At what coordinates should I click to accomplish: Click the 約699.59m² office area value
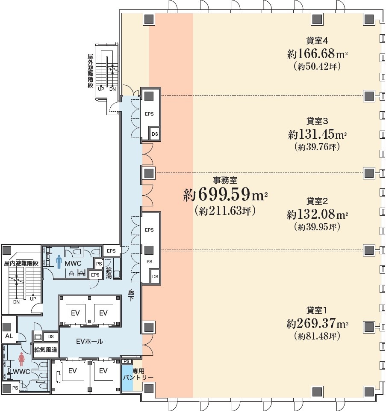point(225,195)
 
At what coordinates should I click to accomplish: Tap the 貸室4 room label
point(317,41)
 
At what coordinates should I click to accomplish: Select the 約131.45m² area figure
point(317,134)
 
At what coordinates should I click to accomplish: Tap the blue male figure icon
point(59,262)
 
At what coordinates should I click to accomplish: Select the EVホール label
point(89,341)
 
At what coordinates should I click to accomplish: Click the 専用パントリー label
point(138,374)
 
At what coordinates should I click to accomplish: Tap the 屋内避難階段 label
point(21,263)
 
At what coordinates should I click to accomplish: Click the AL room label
point(9,336)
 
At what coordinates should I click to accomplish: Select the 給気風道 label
point(46,350)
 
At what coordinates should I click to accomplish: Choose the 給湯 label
point(109,273)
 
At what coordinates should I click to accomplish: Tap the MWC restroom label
point(73,262)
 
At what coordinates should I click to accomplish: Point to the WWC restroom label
point(21,372)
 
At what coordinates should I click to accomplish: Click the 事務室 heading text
point(225,181)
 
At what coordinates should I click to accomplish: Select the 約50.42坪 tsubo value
point(317,67)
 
